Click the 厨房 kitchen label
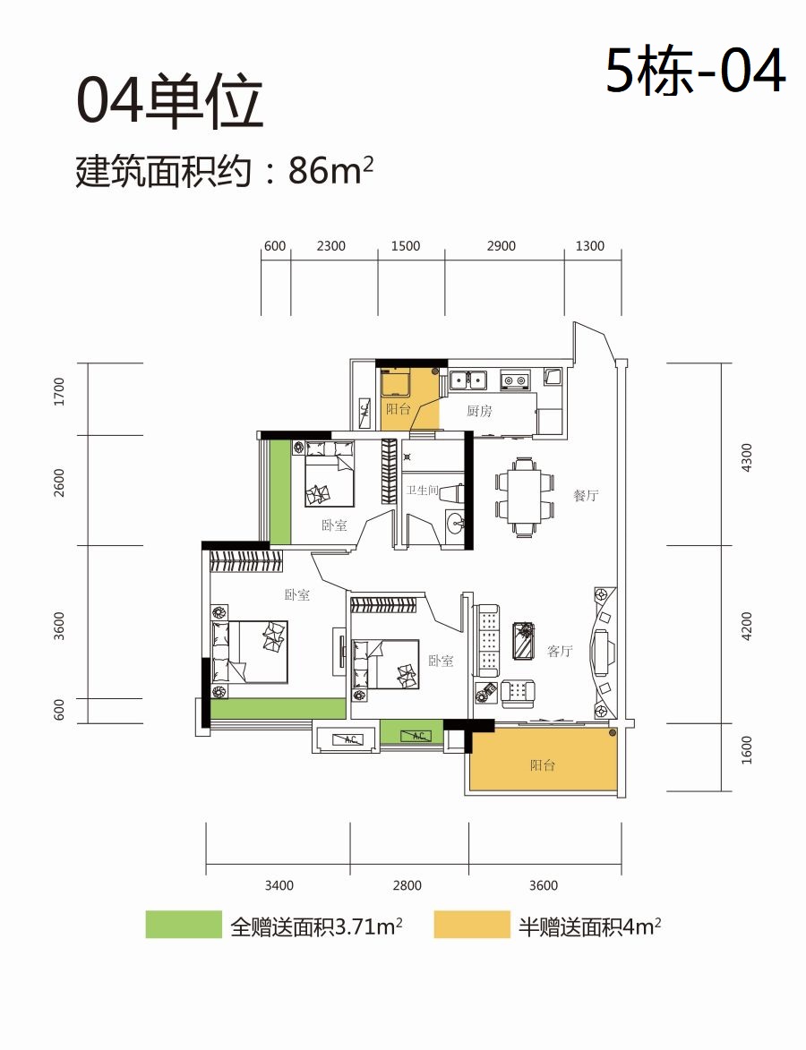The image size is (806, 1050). pos(480,411)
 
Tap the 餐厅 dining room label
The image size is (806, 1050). pos(586,496)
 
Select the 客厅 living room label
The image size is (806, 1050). pos(560,651)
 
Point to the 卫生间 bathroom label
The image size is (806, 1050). pos(422,491)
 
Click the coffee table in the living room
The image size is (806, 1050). pos(523,641)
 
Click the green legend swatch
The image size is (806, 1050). pos(184,924)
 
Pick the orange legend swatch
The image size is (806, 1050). pos(472,924)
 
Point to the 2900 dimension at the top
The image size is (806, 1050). pos(502,246)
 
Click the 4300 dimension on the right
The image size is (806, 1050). pos(748,457)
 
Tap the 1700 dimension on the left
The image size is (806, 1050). pos(60,392)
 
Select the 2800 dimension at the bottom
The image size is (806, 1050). pos(407,886)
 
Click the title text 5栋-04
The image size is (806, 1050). pos(696,71)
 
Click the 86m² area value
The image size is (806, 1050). pos(330,171)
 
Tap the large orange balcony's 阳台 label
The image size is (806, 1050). pos(542,764)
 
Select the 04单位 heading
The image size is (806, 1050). pos(169,101)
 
